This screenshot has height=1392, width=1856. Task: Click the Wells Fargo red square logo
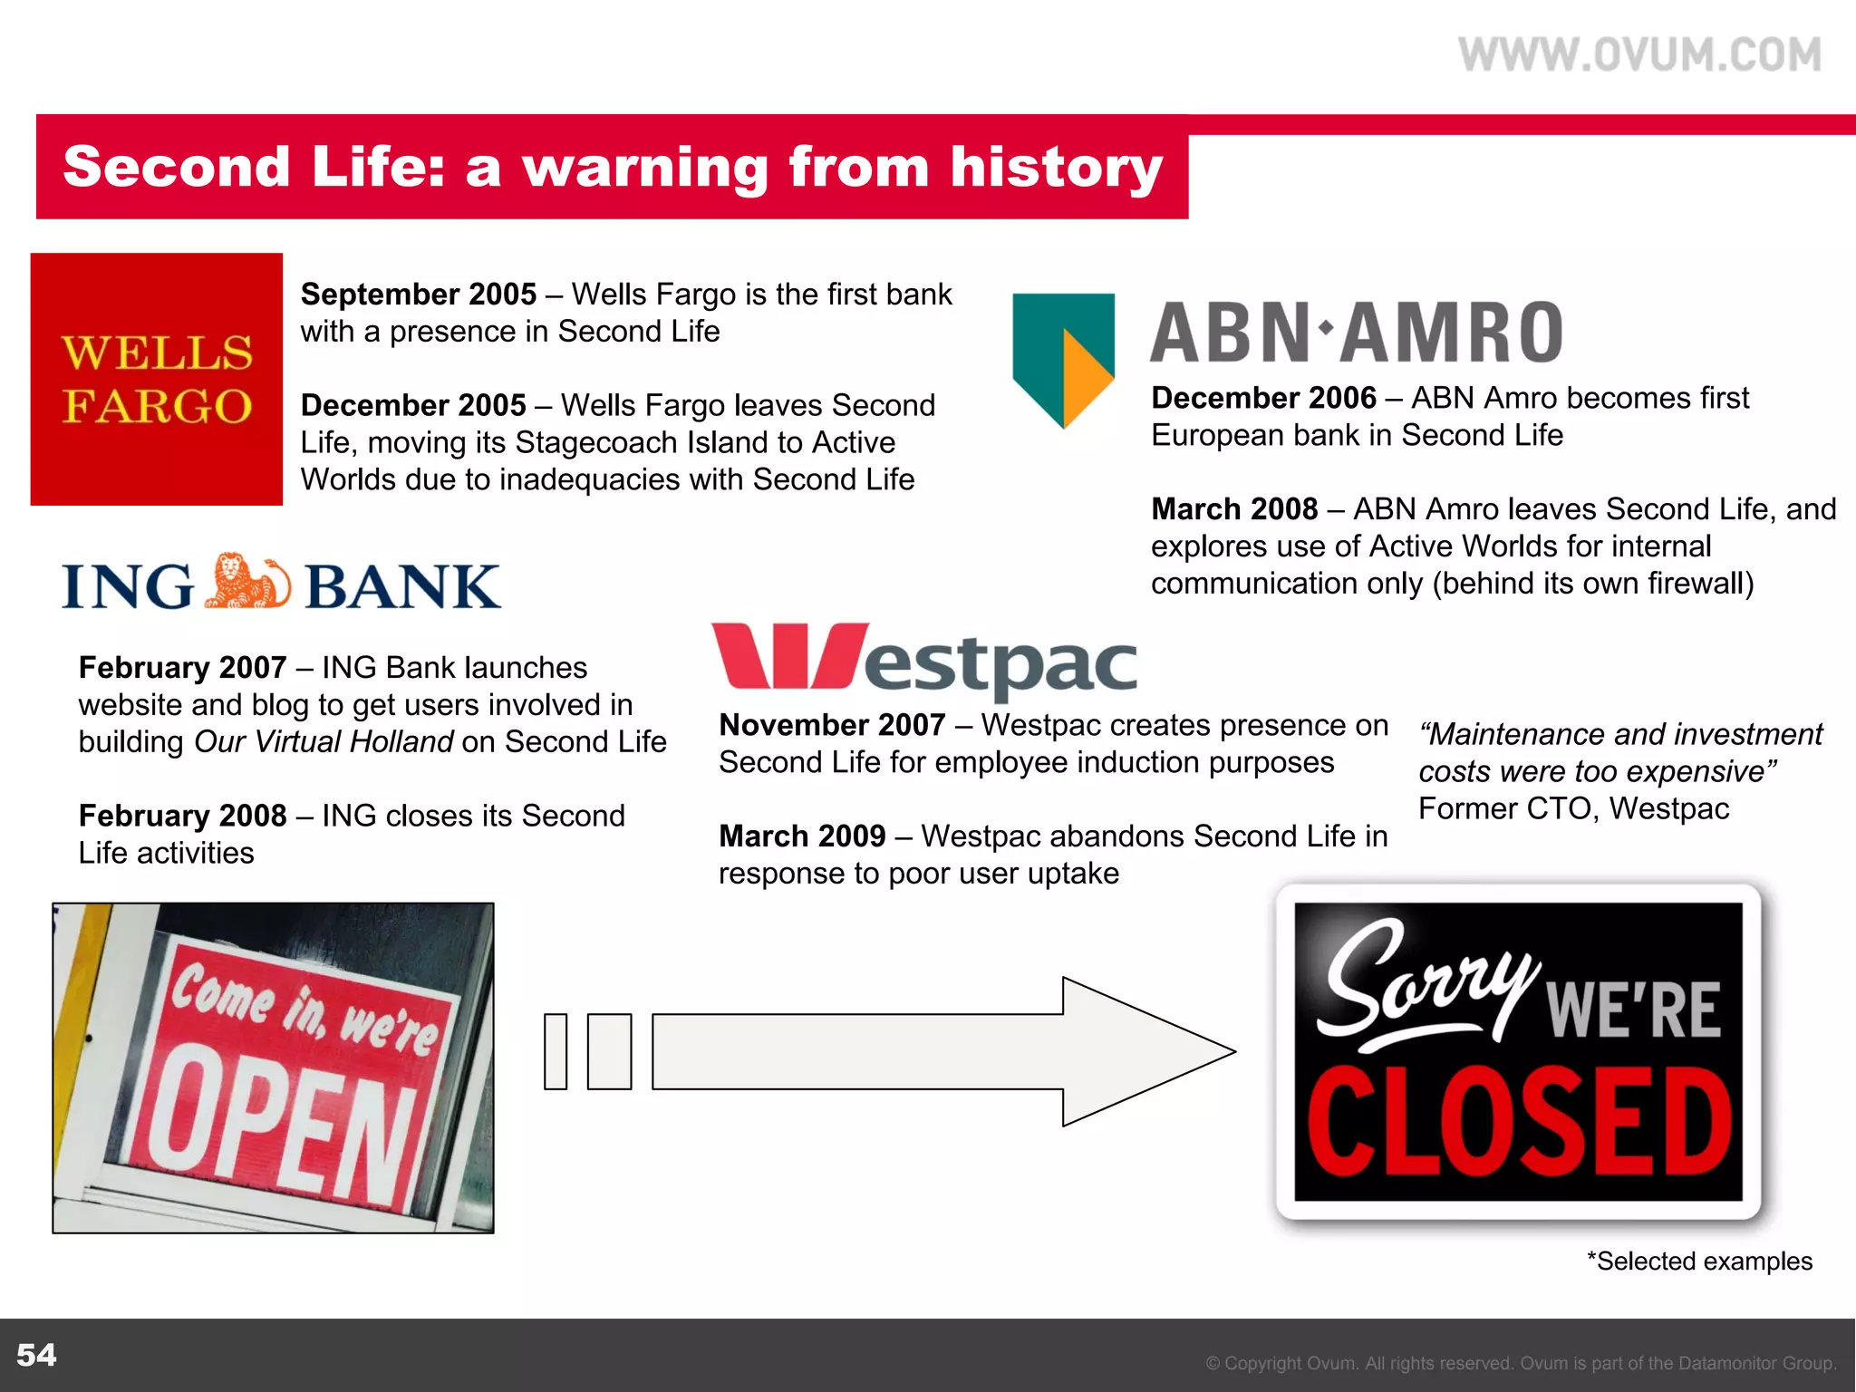pyautogui.click(x=157, y=379)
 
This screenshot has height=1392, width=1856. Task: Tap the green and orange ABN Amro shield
pyautogui.click(x=1062, y=358)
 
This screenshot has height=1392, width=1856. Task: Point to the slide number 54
pyautogui.click(x=36, y=1355)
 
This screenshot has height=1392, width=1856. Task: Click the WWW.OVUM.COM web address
pyautogui.click(x=1639, y=54)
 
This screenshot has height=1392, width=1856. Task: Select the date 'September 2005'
pyautogui.click(x=419, y=295)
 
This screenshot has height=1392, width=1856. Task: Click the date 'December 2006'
pyautogui.click(x=1263, y=398)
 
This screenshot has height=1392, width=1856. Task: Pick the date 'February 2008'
pyautogui.click(x=182, y=816)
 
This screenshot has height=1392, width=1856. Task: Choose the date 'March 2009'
pyautogui.click(x=802, y=836)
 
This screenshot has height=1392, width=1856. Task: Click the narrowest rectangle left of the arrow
pyautogui.click(x=556, y=1051)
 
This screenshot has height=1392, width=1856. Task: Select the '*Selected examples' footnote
pyautogui.click(x=1699, y=1261)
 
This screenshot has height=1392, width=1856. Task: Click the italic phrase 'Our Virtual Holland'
pyautogui.click(x=324, y=742)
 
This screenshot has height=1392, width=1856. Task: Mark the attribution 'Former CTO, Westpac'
pyautogui.click(x=1573, y=808)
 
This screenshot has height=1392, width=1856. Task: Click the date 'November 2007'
pyautogui.click(x=832, y=725)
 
